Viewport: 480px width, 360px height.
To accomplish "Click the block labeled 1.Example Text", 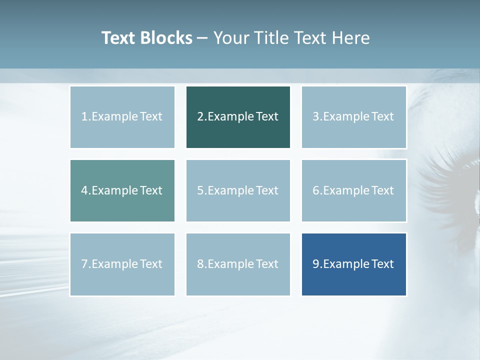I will (122, 117).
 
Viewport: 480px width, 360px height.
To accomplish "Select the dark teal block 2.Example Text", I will (238, 117).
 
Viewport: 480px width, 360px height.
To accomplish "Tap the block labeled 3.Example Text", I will (353, 117).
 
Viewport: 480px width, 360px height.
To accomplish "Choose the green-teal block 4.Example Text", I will (122, 190).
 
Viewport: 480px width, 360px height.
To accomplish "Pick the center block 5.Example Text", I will (238, 190).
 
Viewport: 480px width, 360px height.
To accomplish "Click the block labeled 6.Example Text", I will (353, 190).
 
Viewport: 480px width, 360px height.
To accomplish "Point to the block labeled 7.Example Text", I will (122, 264).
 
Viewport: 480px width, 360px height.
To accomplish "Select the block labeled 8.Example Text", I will (238, 264).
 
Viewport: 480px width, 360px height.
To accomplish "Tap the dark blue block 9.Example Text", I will (353, 264).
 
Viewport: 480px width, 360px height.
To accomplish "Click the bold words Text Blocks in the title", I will (146, 38).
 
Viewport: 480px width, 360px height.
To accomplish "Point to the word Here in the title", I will (352, 38).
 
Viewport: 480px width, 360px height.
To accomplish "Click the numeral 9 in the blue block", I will (316, 264).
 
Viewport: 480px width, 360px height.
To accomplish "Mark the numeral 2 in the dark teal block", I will (200, 117).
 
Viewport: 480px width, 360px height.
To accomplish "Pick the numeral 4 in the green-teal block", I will (84, 190).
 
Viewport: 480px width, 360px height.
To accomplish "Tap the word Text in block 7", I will (151, 264).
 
